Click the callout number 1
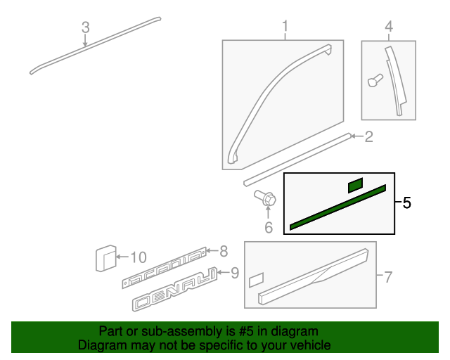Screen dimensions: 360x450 point(285,27)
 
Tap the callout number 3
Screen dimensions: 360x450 point(85,27)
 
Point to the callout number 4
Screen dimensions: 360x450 point(388,27)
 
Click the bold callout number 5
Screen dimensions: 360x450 point(407,203)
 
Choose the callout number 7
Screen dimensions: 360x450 point(387,277)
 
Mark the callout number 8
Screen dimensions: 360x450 point(224,250)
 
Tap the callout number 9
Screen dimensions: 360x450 point(234,272)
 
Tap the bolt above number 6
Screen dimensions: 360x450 point(266,200)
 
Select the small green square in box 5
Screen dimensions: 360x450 point(355,185)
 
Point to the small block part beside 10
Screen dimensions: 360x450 point(105,258)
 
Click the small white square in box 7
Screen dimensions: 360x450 point(255,279)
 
